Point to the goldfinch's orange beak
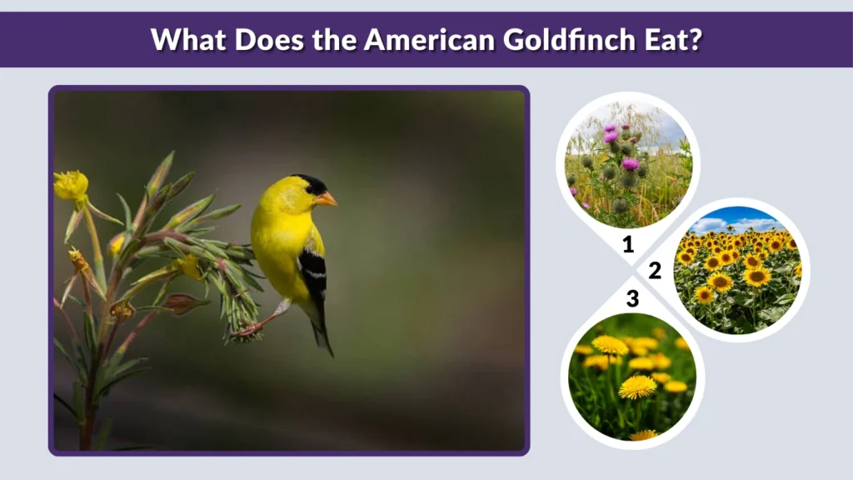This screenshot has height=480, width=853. click(x=327, y=199)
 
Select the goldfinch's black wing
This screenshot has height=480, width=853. click(x=313, y=271)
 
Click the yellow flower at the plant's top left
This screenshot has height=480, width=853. click(x=70, y=185)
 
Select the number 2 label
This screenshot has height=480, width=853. click(x=655, y=270)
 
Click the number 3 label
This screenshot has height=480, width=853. click(x=632, y=297)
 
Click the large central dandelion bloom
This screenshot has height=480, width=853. click(x=637, y=387)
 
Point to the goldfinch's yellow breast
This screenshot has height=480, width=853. click(x=275, y=242)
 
